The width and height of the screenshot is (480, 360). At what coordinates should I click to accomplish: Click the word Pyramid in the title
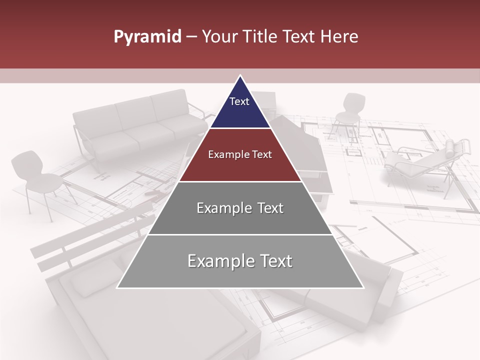147,37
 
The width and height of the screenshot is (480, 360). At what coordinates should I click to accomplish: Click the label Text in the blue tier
239,101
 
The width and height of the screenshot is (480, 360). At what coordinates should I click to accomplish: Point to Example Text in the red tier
240,154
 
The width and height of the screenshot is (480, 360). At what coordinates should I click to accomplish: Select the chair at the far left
37,177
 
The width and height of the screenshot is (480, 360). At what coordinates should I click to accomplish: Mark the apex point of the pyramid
240,75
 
